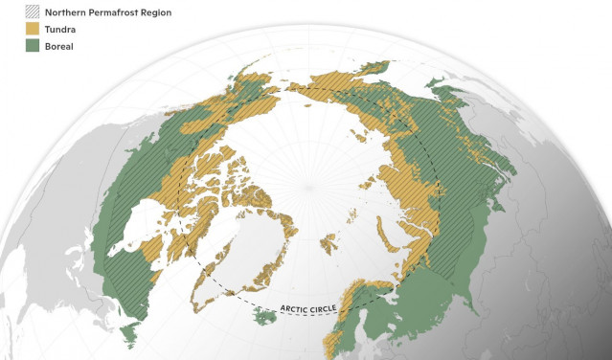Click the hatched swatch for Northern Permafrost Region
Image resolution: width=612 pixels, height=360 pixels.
tap(12, 12)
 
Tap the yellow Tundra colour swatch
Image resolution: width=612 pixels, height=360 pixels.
tap(12, 29)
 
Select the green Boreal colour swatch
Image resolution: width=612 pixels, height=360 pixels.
tap(12, 45)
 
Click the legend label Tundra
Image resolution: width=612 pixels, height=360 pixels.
tap(45, 29)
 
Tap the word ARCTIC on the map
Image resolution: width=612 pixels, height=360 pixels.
tap(297, 307)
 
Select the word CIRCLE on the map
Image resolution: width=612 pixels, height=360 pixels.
tap(331, 309)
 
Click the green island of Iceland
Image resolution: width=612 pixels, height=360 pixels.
tap(262, 313)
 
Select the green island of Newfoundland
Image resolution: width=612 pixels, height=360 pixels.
tap(131, 332)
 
